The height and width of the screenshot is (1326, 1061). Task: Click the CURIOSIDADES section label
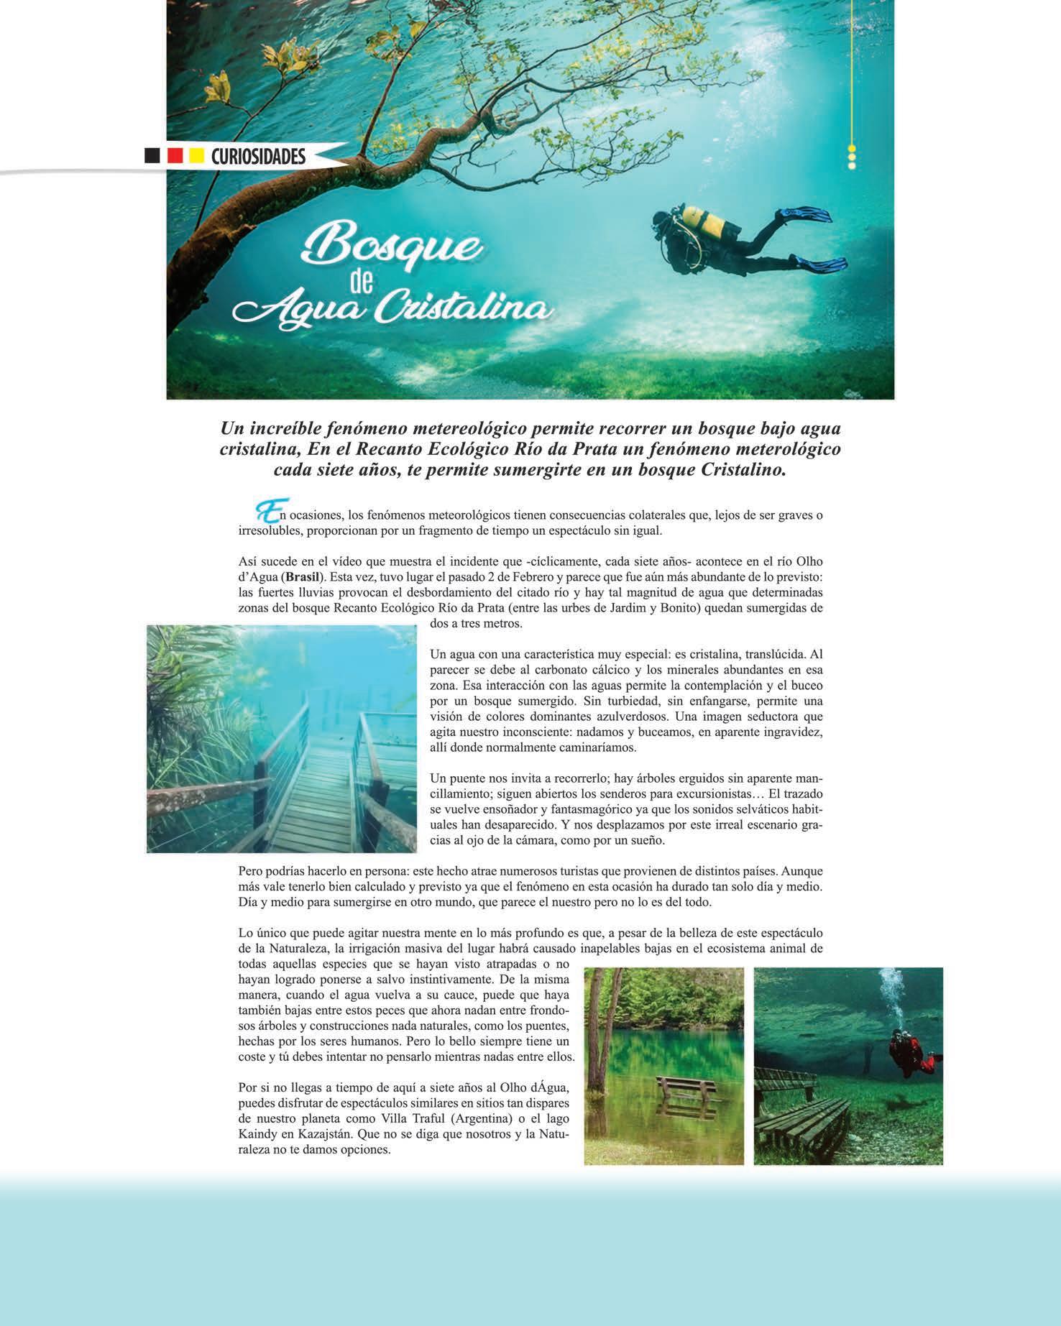pos(258,156)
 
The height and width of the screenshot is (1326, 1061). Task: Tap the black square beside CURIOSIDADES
pos(152,156)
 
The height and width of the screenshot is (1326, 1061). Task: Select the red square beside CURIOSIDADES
pos(174,156)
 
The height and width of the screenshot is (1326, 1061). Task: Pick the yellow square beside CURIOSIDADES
pos(196,156)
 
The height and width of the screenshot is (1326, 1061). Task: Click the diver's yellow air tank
pos(703,220)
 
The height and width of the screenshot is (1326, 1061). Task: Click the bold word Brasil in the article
pos(303,577)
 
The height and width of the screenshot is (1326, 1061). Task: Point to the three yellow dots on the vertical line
pos(852,157)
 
